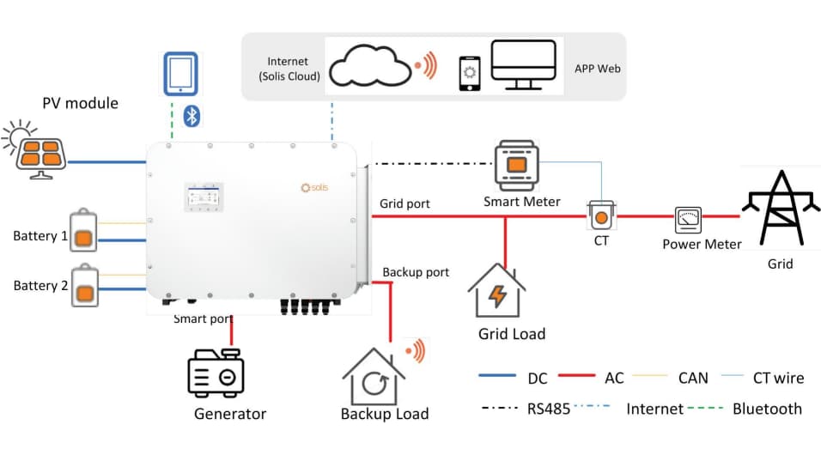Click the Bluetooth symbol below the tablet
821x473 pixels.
coord(192,117)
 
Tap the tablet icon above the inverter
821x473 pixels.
coord(180,74)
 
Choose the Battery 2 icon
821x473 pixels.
coord(83,286)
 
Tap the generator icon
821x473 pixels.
coord(216,373)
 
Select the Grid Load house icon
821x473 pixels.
coord(496,291)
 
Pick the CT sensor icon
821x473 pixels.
coord(600,215)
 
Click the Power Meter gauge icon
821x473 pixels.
coord(689,221)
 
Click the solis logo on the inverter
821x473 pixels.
coord(313,187)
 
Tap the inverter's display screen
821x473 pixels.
coord(204,197)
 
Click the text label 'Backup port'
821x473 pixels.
coord(416,272)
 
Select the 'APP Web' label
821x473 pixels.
coord(597,68)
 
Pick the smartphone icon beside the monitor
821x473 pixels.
coord(469,74)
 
